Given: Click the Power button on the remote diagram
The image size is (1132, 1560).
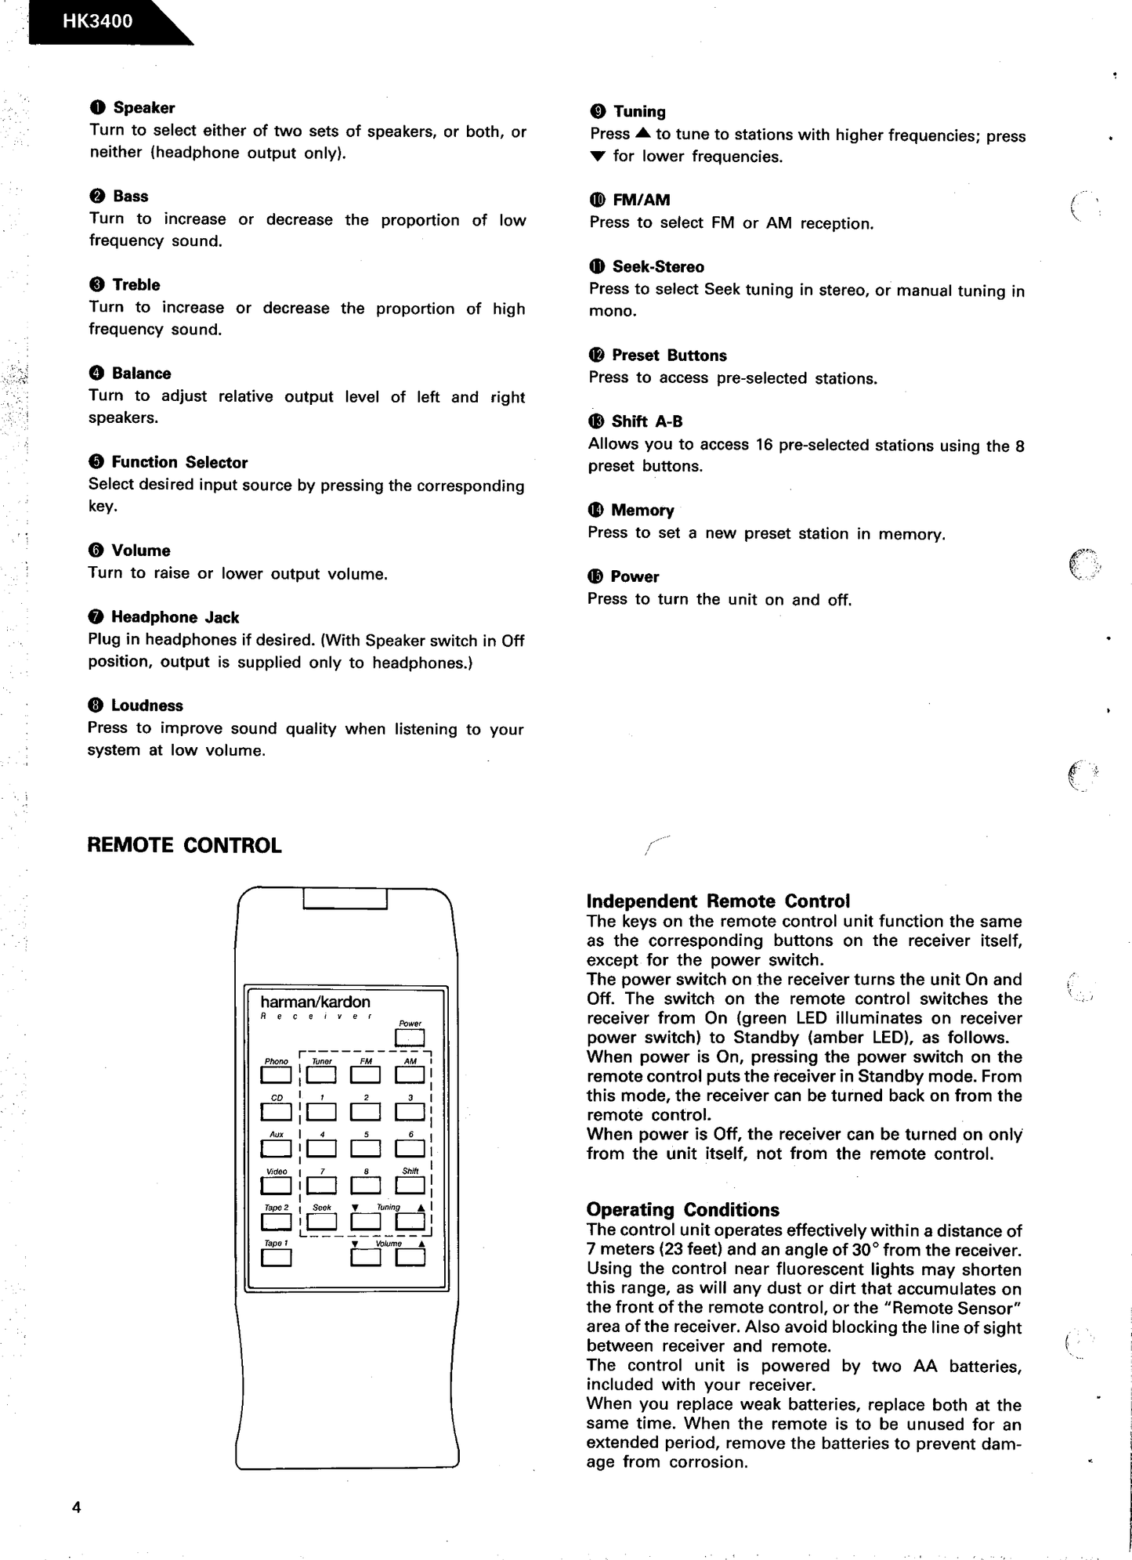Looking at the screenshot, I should (x=410, y=1038).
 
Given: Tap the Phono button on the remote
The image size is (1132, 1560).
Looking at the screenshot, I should (x=276, y=1076).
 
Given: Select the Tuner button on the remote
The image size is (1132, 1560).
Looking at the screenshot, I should (x=321, y=1076).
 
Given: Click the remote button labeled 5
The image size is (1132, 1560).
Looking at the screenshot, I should (x=365, y=1148).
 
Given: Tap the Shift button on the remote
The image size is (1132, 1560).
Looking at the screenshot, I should (x=410, y=1185).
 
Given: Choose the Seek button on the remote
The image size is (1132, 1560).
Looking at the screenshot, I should (x=321, y=1221).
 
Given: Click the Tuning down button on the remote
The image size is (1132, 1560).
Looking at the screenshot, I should (x=365, y=1221).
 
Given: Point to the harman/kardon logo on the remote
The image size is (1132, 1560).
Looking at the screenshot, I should (x=315, y=1002).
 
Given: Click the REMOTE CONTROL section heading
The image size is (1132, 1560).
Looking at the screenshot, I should (x=184, y=846).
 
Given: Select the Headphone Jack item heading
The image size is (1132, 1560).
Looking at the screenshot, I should (x=175, y=617).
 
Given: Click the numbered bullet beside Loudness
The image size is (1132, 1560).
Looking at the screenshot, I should (x=96, y=706).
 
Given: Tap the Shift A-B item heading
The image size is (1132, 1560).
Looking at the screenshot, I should (x=646, y=422).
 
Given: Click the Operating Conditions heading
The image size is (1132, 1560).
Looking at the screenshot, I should (x=682, y=1210).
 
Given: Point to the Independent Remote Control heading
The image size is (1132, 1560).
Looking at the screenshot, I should (x=718, y=901).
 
